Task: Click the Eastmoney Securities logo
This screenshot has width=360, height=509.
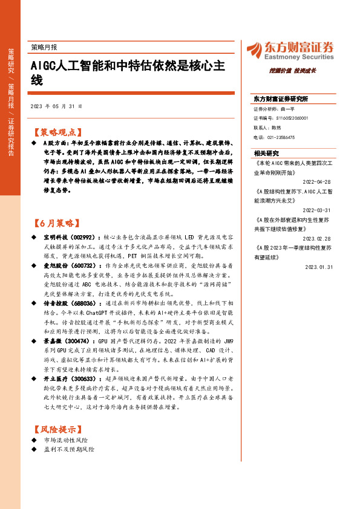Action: pos(290,49)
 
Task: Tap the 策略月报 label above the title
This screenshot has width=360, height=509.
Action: pos(44,47)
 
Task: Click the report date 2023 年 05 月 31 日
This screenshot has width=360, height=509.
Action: pos(56,106)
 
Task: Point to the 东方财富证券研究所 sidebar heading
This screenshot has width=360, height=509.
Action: pos(281,99)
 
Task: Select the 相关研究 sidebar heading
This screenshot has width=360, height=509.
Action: pos(267,153)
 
